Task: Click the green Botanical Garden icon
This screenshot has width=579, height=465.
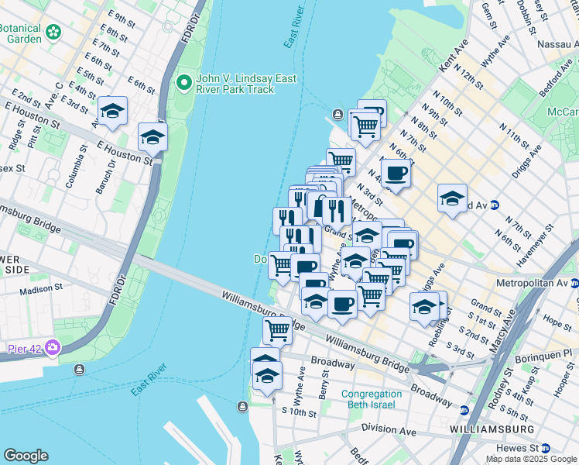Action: (53, 33)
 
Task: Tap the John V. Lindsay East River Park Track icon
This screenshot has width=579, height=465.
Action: (185, 81)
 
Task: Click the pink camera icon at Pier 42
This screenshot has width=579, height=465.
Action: (52, 346)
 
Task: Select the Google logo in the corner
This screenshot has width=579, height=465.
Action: (26, 456)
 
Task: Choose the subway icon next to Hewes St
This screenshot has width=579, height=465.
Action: (546, 448)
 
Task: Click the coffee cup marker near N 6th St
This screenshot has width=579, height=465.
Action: (396, 174)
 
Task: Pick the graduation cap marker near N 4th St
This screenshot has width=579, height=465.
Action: (452, 198)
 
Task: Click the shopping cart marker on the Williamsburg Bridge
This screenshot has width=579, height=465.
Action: (277, 330)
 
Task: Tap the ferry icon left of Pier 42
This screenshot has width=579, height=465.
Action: (79, 369)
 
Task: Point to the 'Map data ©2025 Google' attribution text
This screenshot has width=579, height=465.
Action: (530, 458)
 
